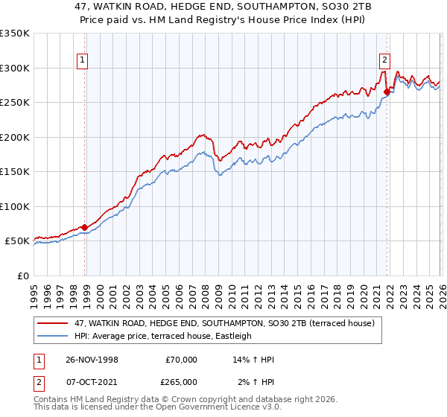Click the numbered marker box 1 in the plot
tap(82, 62)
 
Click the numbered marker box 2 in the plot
tap(384, 62)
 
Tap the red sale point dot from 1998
tap(85, 227)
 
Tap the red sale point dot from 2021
tap(387, 92)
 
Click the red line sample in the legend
tap(54, 323)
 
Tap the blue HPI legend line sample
tap(54, 336)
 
